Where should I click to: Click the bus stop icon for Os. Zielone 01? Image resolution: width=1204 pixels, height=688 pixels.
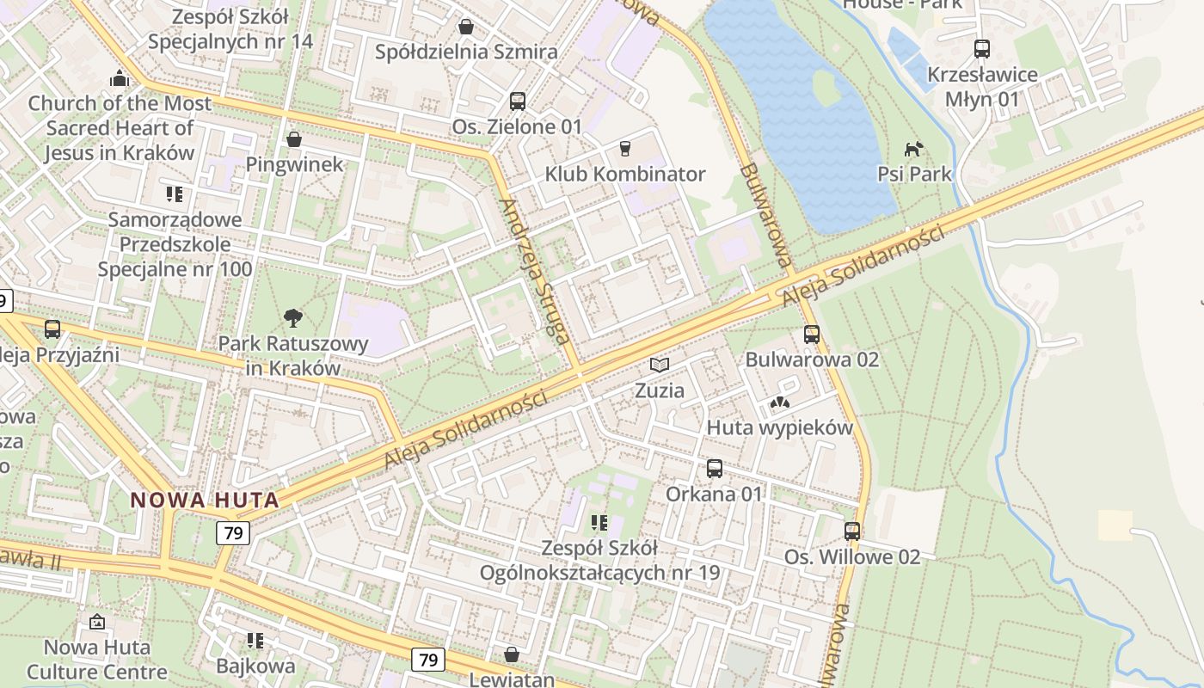[517, 101]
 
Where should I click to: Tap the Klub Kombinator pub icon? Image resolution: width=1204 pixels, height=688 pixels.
[624, 148]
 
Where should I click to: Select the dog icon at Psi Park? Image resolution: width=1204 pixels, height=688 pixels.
[913, 148]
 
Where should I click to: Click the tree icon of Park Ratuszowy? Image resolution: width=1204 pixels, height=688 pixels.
[293, 318]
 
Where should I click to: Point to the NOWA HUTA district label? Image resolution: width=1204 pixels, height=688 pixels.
[205, 500]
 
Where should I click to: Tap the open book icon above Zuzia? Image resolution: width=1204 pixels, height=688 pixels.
[659, 365]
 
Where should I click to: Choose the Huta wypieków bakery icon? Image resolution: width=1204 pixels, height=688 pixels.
[779, 402]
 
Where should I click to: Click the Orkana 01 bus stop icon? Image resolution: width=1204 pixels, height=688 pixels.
[714, 469]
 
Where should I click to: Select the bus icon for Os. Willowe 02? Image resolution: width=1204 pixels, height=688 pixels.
[851, 531]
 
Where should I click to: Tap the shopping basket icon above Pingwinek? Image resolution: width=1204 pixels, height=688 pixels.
[294, 138]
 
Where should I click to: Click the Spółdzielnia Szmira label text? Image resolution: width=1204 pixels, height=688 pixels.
[466, 52]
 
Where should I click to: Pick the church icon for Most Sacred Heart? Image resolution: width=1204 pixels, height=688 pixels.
[119, 79]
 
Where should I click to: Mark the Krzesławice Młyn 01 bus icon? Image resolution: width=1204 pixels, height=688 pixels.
[981, 49]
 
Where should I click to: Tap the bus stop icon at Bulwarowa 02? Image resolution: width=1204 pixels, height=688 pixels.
[811, 334]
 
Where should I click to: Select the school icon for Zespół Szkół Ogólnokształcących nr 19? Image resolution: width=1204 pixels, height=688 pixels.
[599, 522]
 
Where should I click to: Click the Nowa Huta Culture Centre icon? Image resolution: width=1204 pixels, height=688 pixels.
[97, 621]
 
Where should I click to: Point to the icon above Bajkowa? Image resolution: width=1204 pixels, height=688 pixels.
[255, 640]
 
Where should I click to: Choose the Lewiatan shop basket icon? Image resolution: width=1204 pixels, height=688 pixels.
[512, 654]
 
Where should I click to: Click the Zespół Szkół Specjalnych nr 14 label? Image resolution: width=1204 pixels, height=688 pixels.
[230, 29]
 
